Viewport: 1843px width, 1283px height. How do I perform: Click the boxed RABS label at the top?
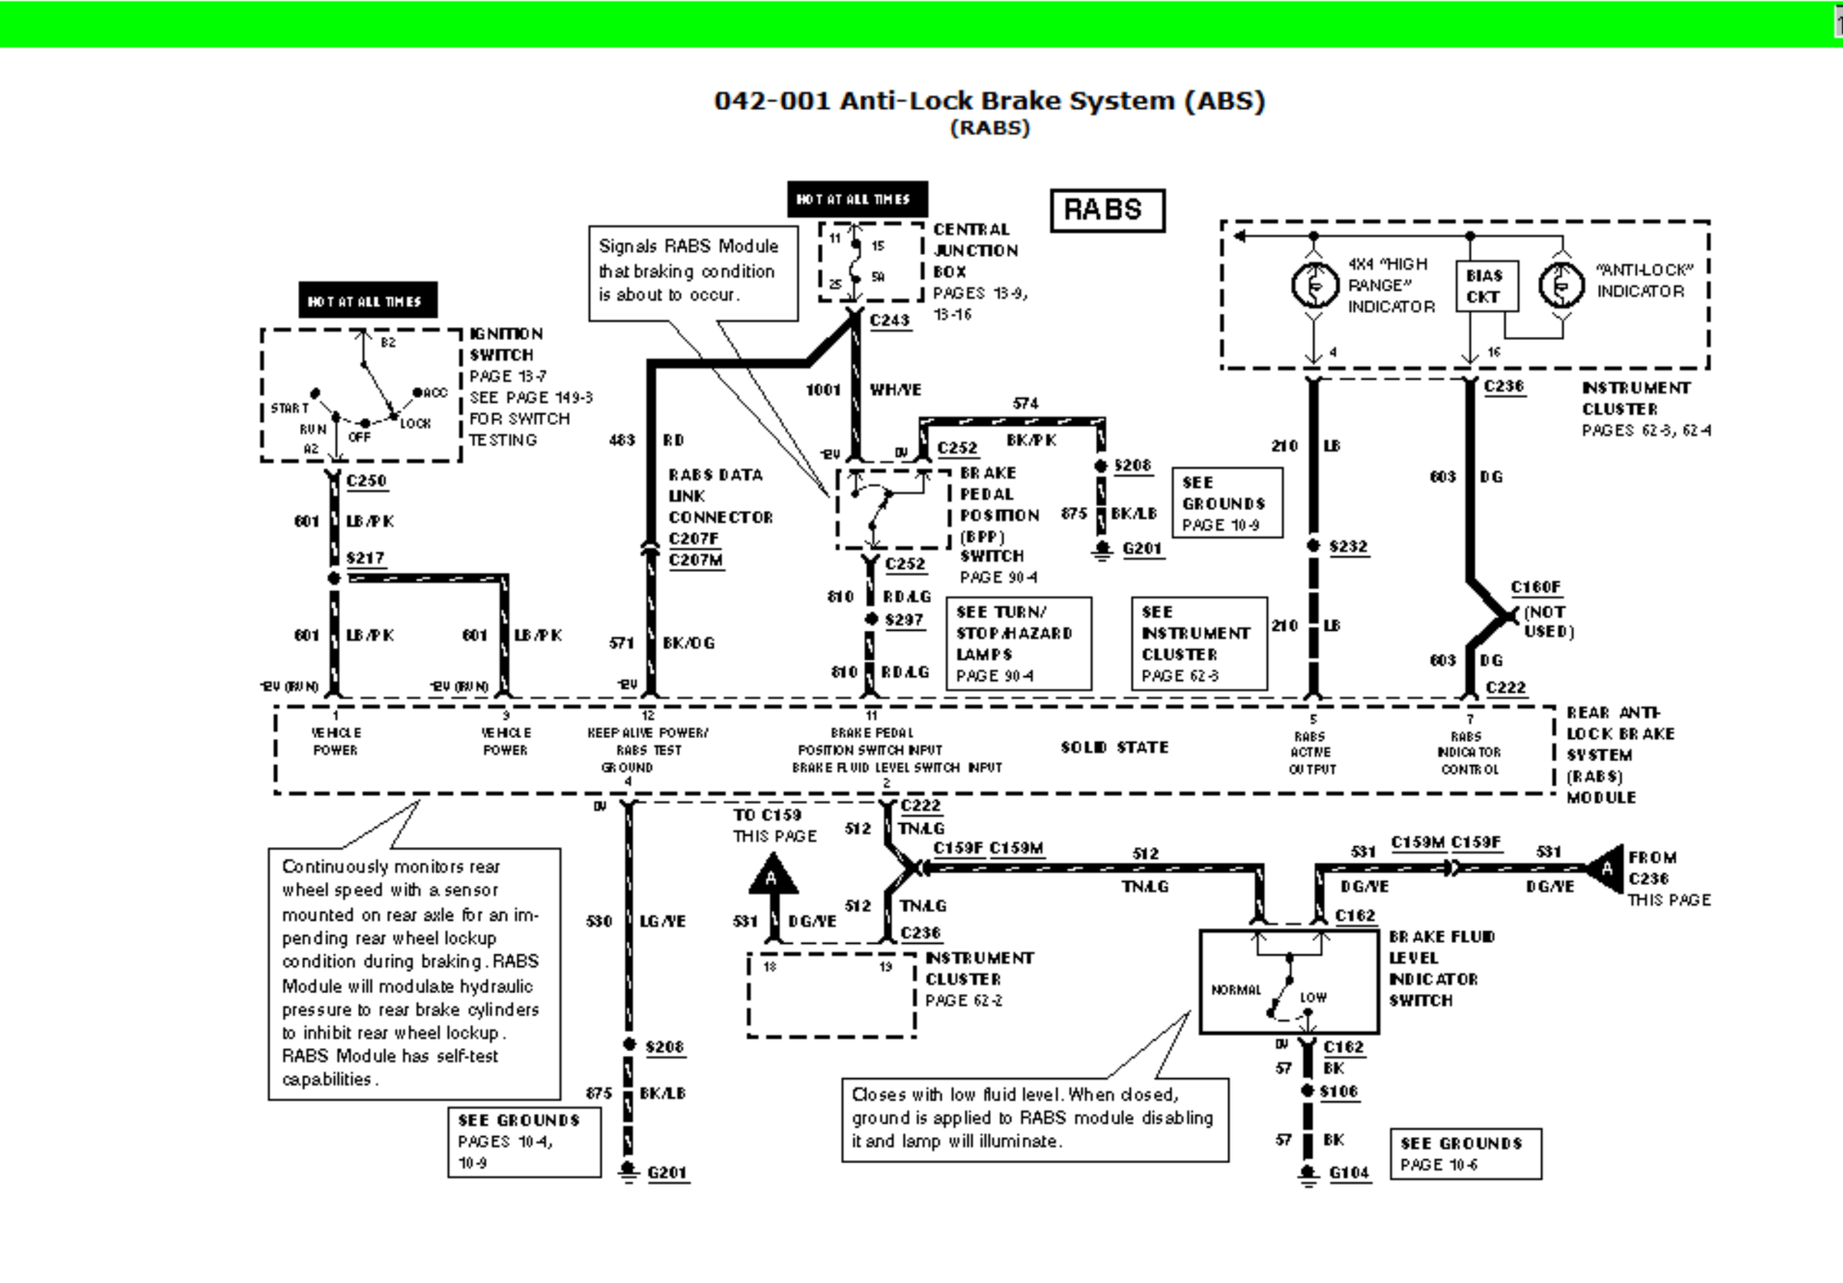tap(1106, 210)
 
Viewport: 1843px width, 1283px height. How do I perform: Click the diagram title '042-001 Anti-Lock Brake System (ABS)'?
tap(988, 101)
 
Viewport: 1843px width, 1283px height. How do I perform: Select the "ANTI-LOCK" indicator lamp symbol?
tap(1560, 286)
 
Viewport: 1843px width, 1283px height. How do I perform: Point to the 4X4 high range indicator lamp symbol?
tap(1313, 286)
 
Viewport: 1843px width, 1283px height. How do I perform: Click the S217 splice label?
tap(365, 558)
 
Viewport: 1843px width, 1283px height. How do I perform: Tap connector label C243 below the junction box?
tap(890, 321)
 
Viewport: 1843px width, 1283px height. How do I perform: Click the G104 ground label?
tap(1348, 1172)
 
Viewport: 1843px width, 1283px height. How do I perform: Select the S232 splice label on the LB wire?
tap(1347, 547)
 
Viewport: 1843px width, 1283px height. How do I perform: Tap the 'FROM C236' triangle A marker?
tap(1607, 868)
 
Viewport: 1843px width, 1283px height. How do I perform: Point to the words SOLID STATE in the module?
tap(1114, 747)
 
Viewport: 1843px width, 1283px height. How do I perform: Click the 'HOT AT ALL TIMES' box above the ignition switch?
tap(367, 301)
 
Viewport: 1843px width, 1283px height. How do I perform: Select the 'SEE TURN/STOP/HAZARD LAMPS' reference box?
tap(1018, 643)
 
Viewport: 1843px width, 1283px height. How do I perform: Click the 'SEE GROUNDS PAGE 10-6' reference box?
tap(1464, 1154)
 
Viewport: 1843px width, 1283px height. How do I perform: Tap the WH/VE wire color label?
tap(895, 390)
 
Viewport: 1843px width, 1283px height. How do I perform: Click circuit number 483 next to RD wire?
tap(622, 440)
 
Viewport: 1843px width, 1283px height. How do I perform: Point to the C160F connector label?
tap(1535, 587)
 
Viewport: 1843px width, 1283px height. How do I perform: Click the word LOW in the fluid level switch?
tap(1313, 998)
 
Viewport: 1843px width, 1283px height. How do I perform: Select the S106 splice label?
tap(1338, 1092)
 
